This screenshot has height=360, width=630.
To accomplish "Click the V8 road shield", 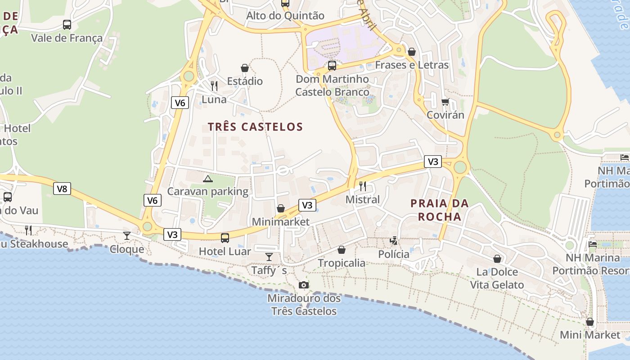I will tap(62, 189).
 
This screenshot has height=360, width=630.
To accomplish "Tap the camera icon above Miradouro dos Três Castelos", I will tap(304, 285).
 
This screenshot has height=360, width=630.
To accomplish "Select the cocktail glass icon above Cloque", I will tap(127, 235).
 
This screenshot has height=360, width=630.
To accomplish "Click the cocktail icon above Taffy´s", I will tap(269, 256).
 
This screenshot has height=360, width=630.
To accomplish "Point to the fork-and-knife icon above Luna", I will tap(214, 85).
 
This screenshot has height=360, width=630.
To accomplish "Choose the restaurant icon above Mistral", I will tap(363, 186).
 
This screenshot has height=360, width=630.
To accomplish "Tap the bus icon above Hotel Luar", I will tap(225, 238).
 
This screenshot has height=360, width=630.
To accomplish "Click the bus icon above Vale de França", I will tap(67, 25).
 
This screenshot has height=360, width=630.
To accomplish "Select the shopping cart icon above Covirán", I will tap(445, 102).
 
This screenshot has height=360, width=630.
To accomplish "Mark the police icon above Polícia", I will tap(394, 241).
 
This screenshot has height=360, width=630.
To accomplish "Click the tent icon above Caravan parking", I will tap(207, 179).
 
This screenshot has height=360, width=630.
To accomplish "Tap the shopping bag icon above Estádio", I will tap(245, 68).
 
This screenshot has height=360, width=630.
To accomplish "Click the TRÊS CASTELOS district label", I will tap(255, 126).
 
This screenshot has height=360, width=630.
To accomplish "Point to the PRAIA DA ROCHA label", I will tap(440, 210).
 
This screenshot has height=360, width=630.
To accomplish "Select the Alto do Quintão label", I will tap(285, 16).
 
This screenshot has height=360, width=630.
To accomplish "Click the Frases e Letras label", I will tap(412, 65).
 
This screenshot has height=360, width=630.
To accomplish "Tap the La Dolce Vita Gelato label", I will tap(497, 278).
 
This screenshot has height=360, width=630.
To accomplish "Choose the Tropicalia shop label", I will tap(342, 263).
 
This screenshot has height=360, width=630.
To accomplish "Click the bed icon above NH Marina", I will tap(593, 244).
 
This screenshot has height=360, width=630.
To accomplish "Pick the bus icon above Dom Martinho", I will tap(332, 66).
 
